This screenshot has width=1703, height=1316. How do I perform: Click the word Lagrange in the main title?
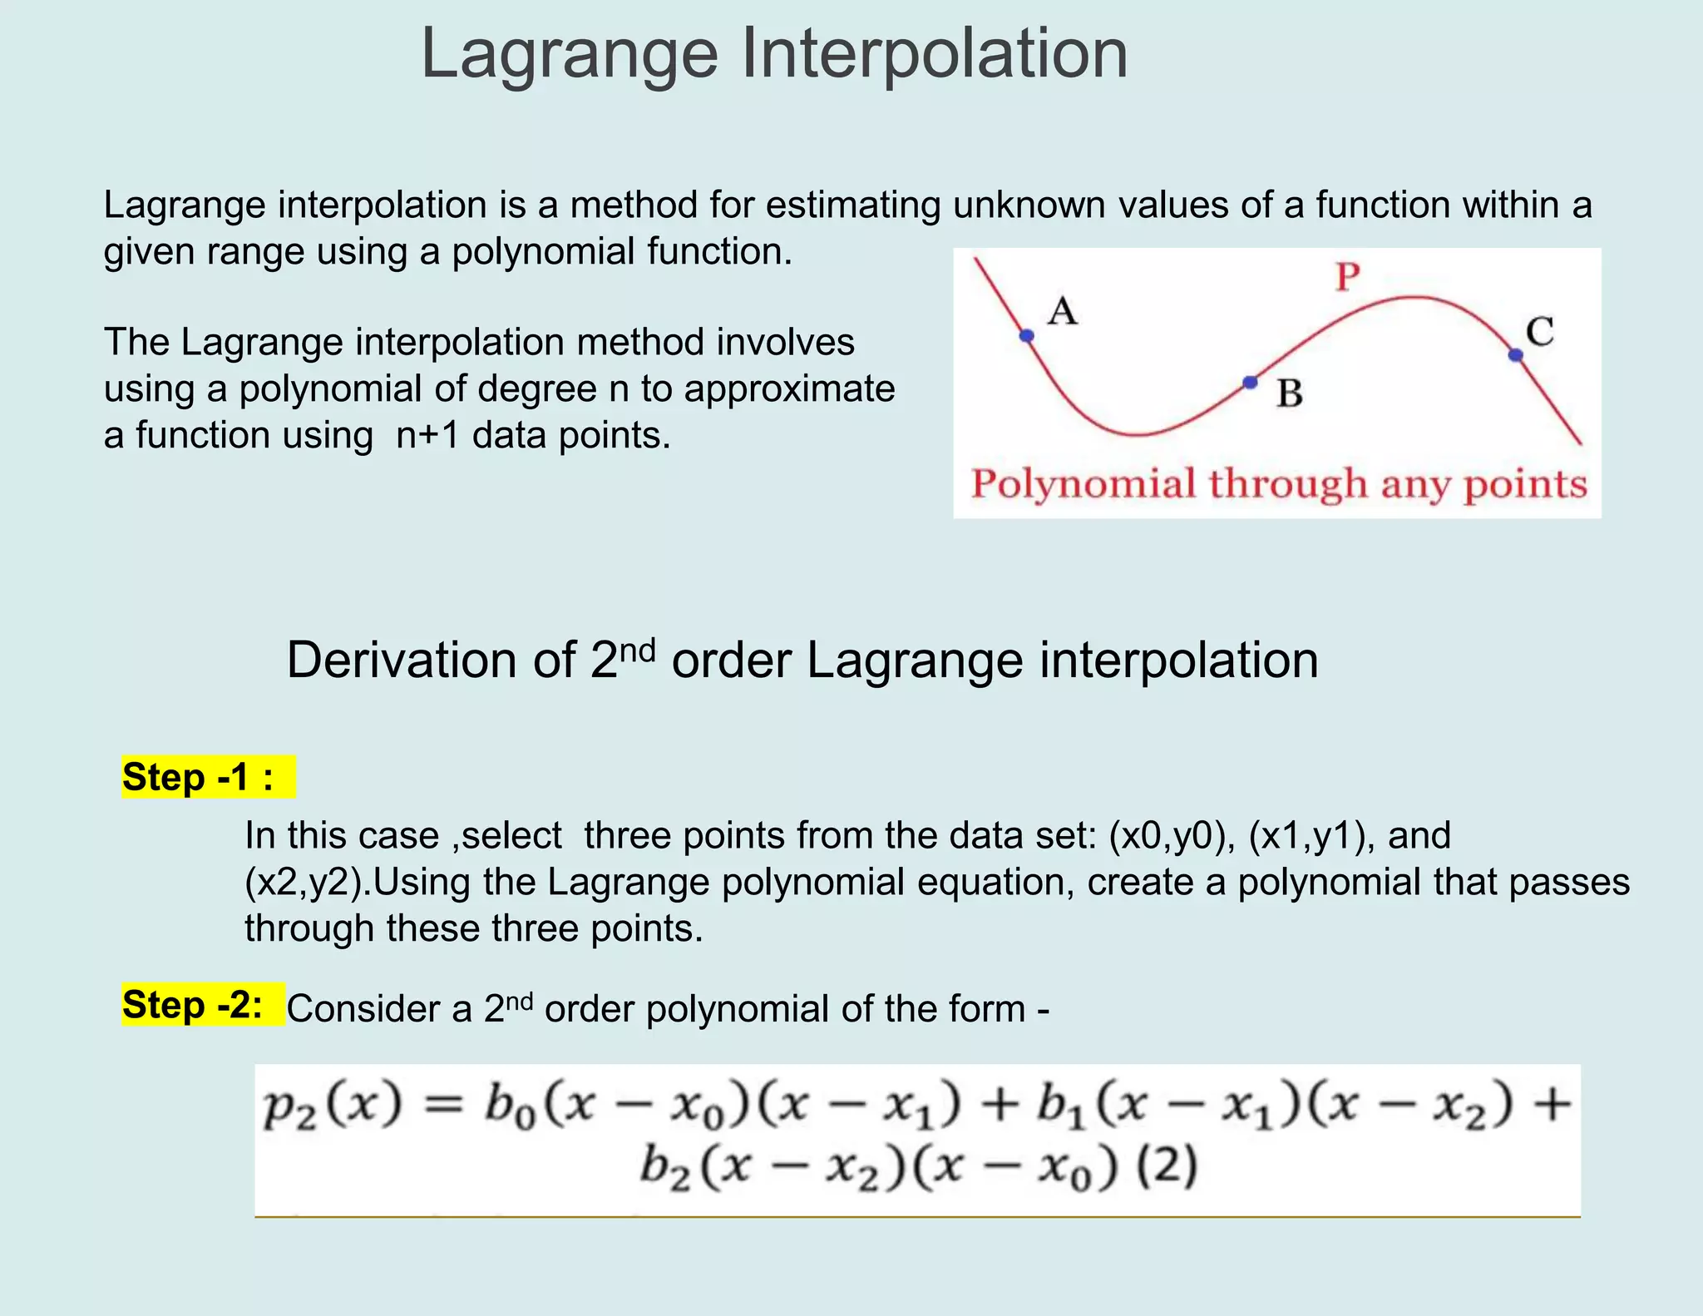(x=570, y=55)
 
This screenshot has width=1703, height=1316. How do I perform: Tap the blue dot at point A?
(x=1027, y=335)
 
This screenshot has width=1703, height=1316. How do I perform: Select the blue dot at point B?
(x=1250, y=383)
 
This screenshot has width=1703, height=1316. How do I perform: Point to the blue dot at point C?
(x=1516, y=355)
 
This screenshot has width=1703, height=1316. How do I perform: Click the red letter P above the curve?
(x=1348, y=276)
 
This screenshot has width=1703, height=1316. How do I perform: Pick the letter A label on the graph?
(x=1063, y=312)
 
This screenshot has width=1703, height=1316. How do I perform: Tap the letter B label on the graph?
(x=1290, y=393)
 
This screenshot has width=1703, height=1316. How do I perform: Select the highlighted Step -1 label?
(x=199, y=777)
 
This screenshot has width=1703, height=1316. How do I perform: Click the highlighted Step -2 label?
(x=193, y=1005)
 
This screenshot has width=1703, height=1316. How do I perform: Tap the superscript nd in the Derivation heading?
(x=638, y=648)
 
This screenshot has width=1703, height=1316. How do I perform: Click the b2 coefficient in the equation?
(x=665, y=1168)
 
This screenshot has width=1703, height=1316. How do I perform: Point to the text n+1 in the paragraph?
(x=427, y=435)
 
